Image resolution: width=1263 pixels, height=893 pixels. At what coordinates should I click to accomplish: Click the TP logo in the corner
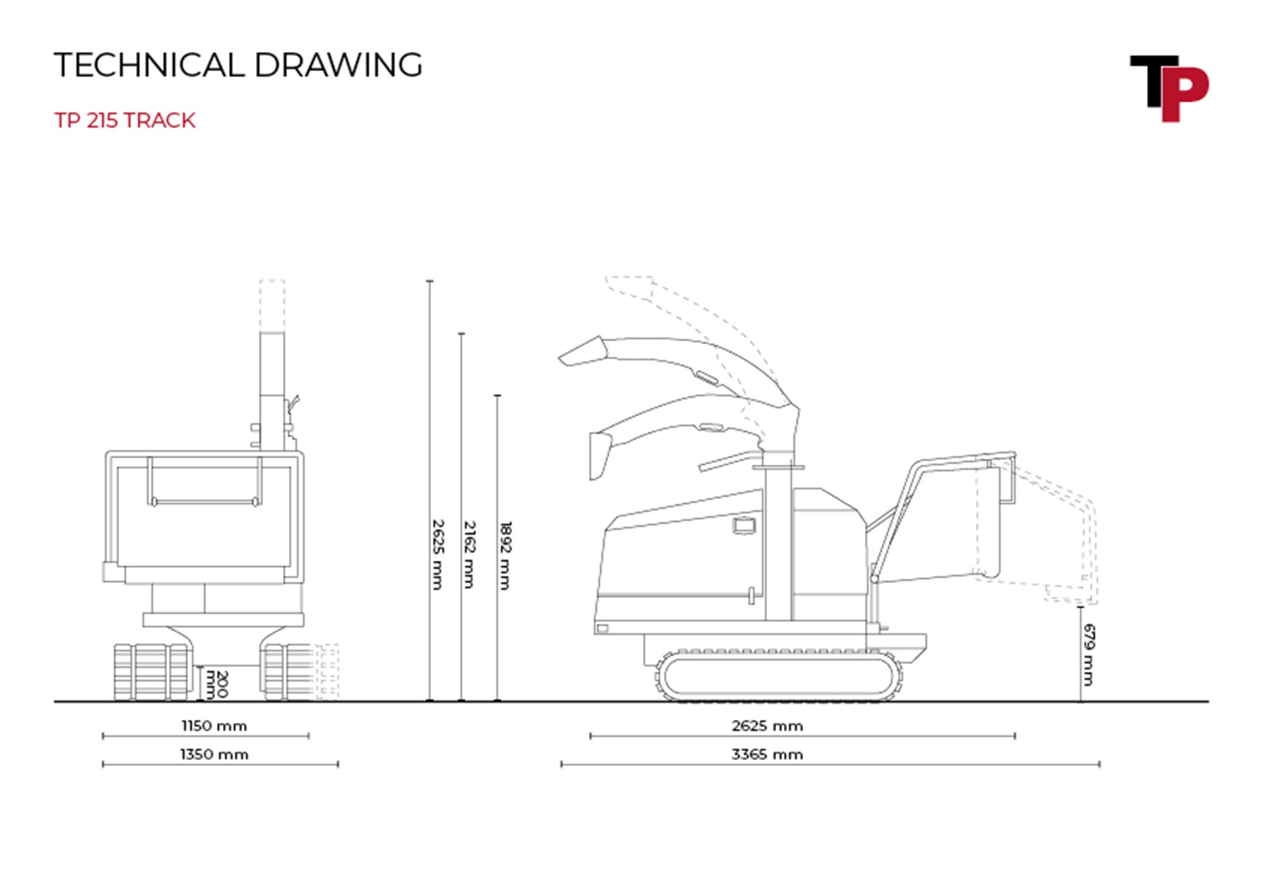1169,88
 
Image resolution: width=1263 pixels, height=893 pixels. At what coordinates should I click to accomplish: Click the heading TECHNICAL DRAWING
238,65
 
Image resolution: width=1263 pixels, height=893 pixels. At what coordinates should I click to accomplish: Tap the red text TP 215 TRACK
125,120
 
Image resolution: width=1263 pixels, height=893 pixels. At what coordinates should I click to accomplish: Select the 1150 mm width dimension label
214,726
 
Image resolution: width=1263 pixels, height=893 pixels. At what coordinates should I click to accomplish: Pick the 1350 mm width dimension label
214,754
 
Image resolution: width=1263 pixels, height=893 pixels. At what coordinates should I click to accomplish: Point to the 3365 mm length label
767,754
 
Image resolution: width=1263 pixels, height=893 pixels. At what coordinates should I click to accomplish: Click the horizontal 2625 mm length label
767,726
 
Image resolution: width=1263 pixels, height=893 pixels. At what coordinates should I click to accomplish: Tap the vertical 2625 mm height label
437,554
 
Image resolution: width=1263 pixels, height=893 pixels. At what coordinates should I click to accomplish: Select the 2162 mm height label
469,555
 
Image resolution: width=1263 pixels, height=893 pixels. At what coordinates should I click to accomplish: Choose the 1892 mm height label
505,555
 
